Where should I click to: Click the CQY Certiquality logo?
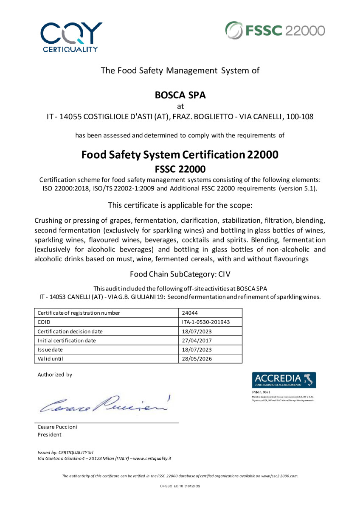[x=70, y=36]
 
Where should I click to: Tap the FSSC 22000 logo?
[x=275, y=31]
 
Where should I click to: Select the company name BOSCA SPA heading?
[x=180, y=95]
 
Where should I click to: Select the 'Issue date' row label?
[x=50, y=350]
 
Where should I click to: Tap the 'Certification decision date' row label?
[x=70, y=331]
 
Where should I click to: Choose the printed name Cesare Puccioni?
[x=57, y=427]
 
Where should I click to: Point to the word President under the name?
[x=50, y=434]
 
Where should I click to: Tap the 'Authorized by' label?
[x=55, y=375]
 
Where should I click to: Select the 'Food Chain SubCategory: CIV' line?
[x=180, y=274]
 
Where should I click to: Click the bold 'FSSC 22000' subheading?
[x=180, y=169]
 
